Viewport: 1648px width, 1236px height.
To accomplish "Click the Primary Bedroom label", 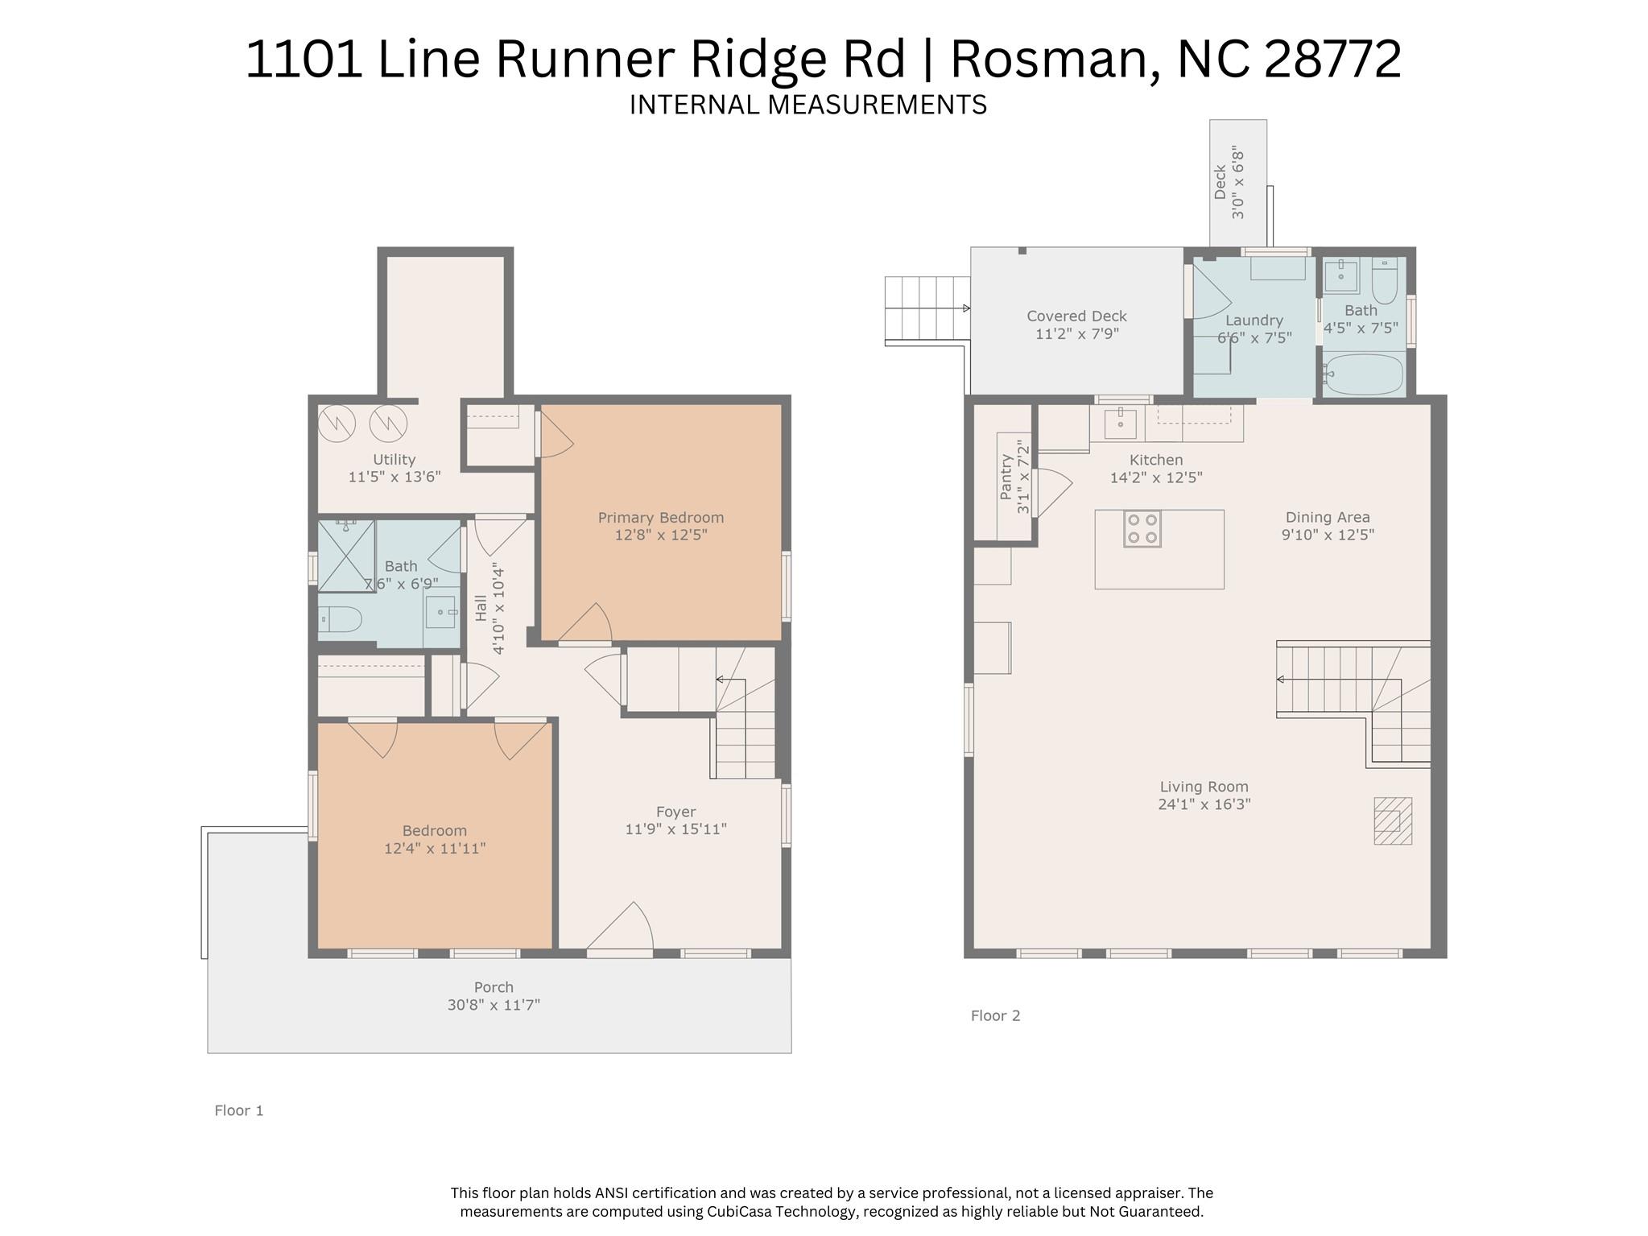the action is [x=660, y=518].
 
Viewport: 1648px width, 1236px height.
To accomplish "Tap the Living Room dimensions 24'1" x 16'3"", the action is [x=1204, y=804].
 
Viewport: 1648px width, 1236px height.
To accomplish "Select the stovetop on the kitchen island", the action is [x=1142, y=529].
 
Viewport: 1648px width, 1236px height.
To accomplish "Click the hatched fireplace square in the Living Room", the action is [x=1392, y=821].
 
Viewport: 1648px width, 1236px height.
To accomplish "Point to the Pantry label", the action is [x=1006, y=477].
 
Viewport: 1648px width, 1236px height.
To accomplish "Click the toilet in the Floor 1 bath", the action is [x=340, y=619].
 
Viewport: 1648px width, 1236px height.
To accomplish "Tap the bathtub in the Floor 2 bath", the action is [x=1364, y=374].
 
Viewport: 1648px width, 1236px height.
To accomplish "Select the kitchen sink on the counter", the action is [x=1120, y=423].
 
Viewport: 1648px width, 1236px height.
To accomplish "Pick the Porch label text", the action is [x=494, y=987].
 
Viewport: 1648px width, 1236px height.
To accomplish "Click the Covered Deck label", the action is [x=1076, y=316].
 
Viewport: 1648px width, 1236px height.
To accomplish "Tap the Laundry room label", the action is [x=1254, y=320].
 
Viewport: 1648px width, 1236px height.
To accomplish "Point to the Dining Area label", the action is [x=1328, y=518].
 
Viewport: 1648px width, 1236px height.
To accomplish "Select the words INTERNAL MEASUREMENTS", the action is [x=807, y=105].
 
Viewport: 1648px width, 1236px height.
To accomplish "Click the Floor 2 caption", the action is [x=995, y=1016].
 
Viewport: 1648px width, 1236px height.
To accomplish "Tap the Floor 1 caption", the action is [x=238, y=1111].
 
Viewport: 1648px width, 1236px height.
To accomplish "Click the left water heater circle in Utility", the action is [x=337, y=422].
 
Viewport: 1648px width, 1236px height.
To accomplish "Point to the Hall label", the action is [x=481, y=608].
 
